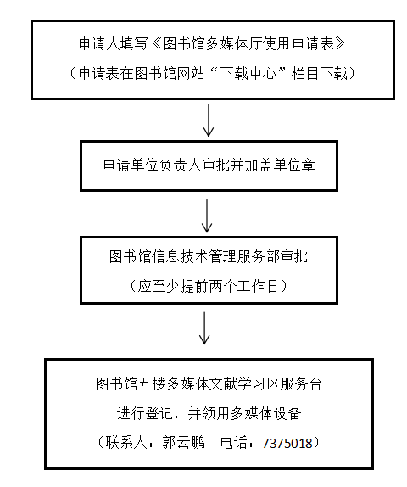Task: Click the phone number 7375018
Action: [287, 443]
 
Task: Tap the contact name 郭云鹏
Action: [183, 442]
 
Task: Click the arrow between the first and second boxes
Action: [209, 120]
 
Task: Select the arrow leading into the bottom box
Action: [204, 328]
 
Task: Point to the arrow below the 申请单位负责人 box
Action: [207, 216]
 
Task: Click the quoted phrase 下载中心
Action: [248, 73]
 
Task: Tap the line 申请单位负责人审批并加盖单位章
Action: [209, 165]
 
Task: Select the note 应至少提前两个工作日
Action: [208, 286]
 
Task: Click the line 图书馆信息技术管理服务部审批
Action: [209, 256]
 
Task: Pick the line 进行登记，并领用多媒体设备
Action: [209, 413]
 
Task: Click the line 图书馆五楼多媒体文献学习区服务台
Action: [209, 383]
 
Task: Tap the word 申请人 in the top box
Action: [99, 43]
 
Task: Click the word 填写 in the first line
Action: [135, 43]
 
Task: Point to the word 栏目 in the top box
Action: [305, 73]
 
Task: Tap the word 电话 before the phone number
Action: [234, 442]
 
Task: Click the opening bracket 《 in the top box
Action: [157, 43]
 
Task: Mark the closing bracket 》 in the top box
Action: [339, 43]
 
